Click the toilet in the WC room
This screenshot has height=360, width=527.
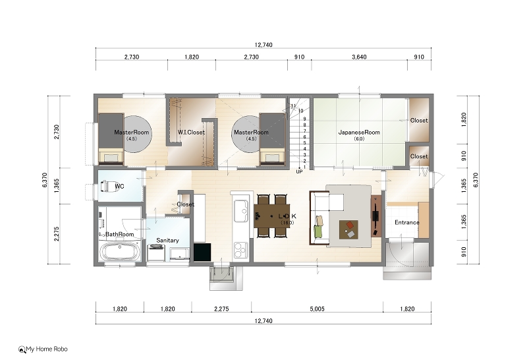click(109, 186)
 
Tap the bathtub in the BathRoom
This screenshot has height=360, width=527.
click(120, 251)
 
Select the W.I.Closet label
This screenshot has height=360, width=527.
click(191, 133)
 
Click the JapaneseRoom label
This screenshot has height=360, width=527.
click(359, 133)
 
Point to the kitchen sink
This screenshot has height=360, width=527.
click(241, 210)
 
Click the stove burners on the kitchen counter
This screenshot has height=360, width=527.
click(241, 250)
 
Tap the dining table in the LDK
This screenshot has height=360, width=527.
click(272, 216)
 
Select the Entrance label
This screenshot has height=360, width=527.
click(406, 222)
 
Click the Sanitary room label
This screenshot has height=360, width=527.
click(167, 240)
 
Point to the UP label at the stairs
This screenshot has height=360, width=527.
click(299, 171)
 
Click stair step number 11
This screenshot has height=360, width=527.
click(293, 105)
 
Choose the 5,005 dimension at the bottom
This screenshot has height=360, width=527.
click(317, 309)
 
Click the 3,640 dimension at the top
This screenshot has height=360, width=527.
click(359, 57)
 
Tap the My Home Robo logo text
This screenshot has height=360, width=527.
click(47, 349)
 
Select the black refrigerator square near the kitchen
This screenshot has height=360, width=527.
click(202, 252)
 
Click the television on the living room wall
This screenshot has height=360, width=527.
click(376, 216)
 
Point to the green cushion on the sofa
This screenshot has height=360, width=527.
click(318, 231)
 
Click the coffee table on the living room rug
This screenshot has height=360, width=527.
click(348, 230)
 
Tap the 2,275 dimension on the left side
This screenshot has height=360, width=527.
click(57, 234)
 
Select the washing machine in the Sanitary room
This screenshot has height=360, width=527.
click(156, 253)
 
